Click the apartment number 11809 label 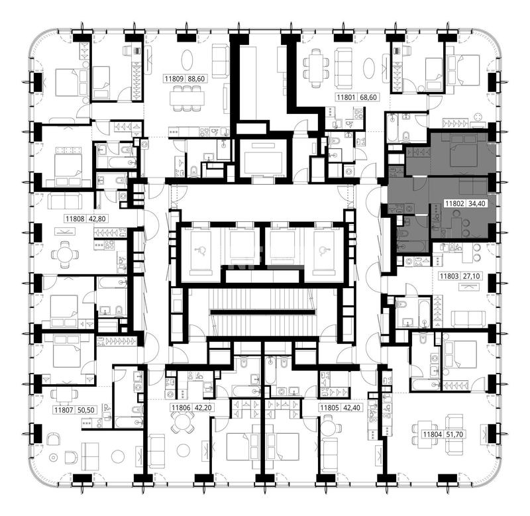(174, 79)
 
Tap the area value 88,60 (196, 79)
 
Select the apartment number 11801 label (346, 97)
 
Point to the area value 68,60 (368, 97)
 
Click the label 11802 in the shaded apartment (454, 203)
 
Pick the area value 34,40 (476, 203)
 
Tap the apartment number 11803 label (449, 276)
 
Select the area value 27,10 (471, 276)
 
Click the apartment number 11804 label (433, 435)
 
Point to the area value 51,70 (454, 435)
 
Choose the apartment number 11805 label (329, 408)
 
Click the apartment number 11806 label (181, 408)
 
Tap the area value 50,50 (86, 410)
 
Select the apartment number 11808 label (75, 219)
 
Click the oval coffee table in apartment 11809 (187, 60)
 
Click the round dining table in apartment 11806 (182, 423)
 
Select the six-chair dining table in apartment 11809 (187, 98)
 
